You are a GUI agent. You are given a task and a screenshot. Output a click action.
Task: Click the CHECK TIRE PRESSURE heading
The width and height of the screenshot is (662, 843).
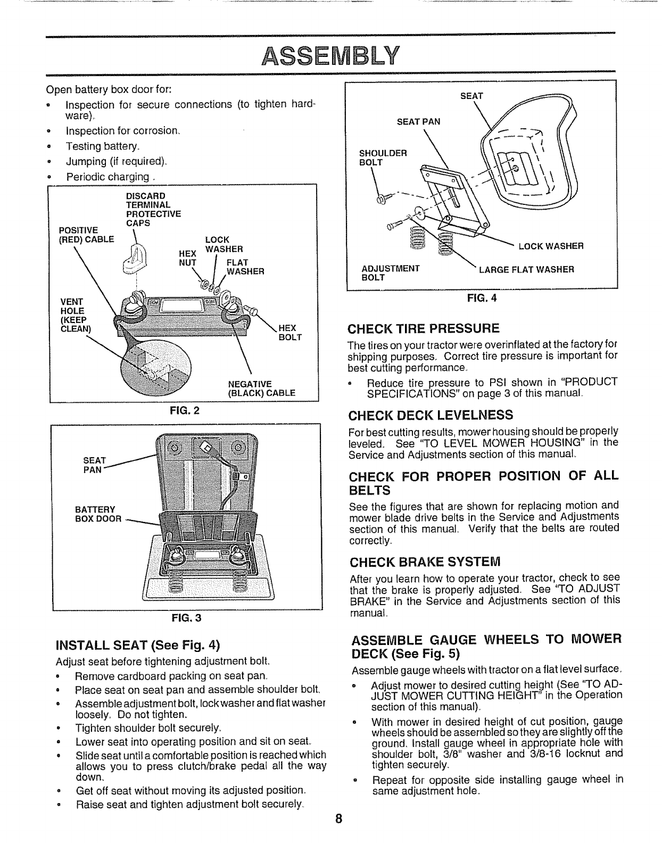[x=424, y=327]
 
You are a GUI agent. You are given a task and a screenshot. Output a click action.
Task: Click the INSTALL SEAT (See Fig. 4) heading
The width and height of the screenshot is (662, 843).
[x=138, y=646]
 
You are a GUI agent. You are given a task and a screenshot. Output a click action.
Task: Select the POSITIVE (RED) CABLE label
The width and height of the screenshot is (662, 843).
[x=86, y=235]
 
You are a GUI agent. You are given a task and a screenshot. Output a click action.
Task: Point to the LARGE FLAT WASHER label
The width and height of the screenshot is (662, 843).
[x=526, y=269]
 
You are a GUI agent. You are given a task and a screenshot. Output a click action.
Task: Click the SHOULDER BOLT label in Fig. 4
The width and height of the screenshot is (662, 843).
[x=383, y=158]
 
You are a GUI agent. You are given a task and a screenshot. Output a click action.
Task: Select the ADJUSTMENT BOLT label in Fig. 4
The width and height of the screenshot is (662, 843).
[x=391, y=274]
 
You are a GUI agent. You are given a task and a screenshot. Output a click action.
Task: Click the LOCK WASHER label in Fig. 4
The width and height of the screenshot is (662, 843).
[x=551, y=246]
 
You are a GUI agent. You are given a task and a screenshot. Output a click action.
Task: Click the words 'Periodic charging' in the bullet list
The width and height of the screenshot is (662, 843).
[x=107, y=176]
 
